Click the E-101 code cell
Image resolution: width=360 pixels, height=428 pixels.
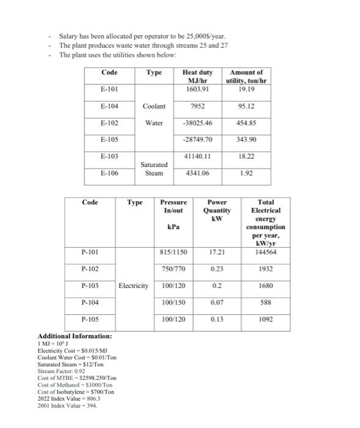109,89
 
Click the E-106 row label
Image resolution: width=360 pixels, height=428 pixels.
109,173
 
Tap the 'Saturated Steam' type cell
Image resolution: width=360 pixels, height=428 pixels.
153,169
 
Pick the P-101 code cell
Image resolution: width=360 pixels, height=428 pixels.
89,252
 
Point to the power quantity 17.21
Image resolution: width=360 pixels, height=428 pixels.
216,252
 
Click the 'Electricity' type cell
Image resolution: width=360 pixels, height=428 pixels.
134,286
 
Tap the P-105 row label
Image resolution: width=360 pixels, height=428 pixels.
89,319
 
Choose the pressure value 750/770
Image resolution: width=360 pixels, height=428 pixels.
174,269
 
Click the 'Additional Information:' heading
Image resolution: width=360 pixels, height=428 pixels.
75,337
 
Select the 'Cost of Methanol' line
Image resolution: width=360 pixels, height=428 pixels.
75,385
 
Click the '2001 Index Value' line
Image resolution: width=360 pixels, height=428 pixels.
63,405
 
